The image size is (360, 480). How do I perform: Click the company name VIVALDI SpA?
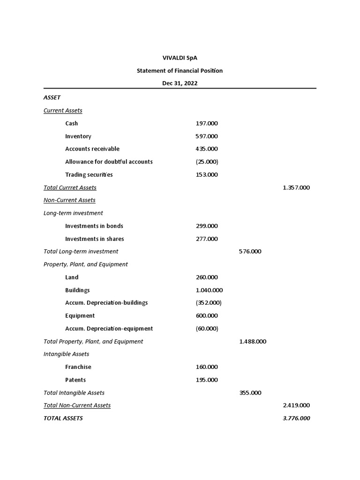click(180, 58)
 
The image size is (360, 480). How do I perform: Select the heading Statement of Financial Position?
click(180, 71)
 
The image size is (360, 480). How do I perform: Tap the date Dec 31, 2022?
click(180, 83)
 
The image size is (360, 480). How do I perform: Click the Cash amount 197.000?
click(207, 123)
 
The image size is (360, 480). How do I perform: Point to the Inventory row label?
click(78, 136)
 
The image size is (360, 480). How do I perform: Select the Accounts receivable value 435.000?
click(207, 149)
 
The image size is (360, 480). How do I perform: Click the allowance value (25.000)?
click(207, 162)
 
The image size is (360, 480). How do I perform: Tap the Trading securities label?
click(89, 175)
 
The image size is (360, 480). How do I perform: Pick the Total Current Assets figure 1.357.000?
click(296, 187)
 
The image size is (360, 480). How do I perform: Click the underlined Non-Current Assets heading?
click(69, 200)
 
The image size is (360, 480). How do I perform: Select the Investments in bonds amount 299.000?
click(207, 226)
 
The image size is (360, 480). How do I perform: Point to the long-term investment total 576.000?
click(250, 252)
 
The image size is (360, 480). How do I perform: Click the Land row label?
click(72, 277)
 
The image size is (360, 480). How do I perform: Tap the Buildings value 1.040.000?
click(209, 290)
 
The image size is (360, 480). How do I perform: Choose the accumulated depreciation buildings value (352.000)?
click(209, 303)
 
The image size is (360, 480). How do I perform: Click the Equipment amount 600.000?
click(207, 316)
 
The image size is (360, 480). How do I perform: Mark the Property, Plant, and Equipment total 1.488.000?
click(253, 342)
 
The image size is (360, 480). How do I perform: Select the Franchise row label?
click(78, 367)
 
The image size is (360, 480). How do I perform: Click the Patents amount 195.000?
click(207, 380)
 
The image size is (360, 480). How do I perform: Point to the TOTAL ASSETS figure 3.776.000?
click(296, 419)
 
